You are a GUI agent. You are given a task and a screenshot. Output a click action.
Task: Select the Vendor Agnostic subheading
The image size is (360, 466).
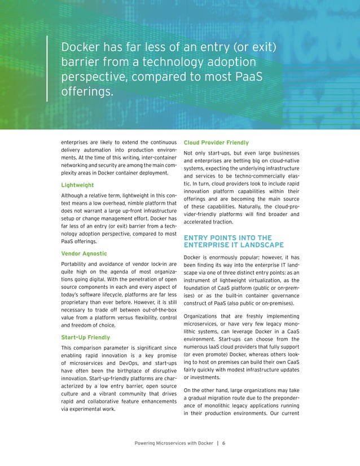(x=84, y=254)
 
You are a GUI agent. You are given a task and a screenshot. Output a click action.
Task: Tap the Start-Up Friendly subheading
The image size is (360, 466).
(x=85, y=337)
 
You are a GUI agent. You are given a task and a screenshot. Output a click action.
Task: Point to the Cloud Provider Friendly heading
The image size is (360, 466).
(x=216, y=143)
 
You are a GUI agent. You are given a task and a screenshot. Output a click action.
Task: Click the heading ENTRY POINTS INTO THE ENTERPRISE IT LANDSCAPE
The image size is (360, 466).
(x=234, y=241)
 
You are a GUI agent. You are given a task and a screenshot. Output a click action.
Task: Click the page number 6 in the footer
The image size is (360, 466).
(x=223, y=443)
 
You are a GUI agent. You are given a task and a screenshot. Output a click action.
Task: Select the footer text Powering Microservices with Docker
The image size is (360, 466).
(x=174, y=443)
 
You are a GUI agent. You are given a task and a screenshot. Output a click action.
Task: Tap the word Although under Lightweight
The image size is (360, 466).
(x=73, y=196)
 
